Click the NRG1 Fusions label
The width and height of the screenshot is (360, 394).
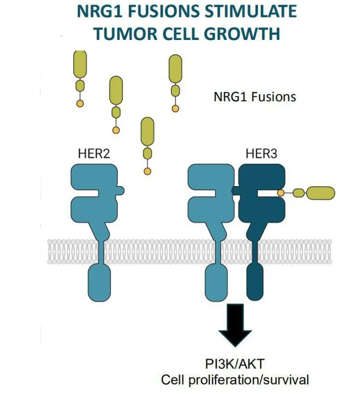(x=255, y=97)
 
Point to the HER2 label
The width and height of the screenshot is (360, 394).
(x=94, y=154)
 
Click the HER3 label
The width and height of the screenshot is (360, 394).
(x=261, y=154)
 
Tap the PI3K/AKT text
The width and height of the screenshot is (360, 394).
(x=235, y=364)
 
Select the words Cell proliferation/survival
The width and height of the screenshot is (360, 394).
(x=235, y=380)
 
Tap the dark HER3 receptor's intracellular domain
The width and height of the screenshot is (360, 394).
(x=255, y=282)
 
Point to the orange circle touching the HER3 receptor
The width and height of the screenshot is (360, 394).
(x=280, y=194)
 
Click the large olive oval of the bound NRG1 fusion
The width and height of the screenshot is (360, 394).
(x=320, y=194)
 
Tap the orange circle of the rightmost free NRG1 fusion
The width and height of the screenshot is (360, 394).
(x=175, y=109)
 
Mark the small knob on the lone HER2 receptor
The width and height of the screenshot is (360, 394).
(x=120, y=190)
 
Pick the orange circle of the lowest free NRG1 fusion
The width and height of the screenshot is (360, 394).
(x=147, y=171)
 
